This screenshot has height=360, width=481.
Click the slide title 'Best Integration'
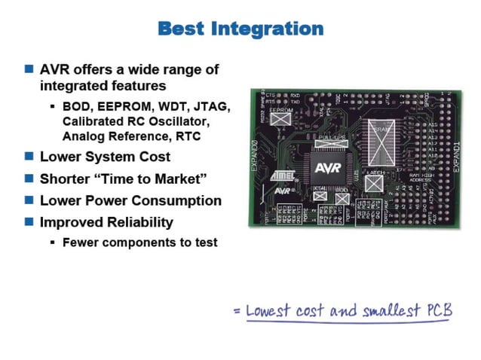(x=240, y=29)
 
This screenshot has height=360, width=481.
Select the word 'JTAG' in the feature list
(x=212, y=106)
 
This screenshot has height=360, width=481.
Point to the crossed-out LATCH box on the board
(x=373, y=182)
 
